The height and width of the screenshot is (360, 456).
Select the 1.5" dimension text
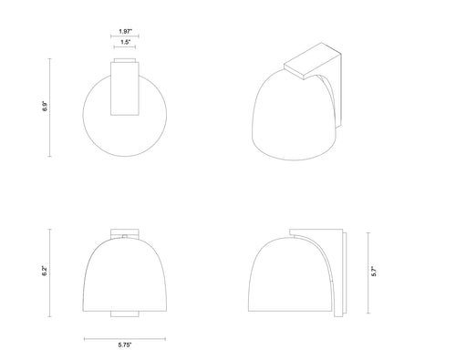click(125, 44)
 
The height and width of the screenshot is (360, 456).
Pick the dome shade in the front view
click(125, 273)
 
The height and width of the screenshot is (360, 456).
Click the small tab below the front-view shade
click(125, 314)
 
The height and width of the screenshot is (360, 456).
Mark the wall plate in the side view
click(340, 273)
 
